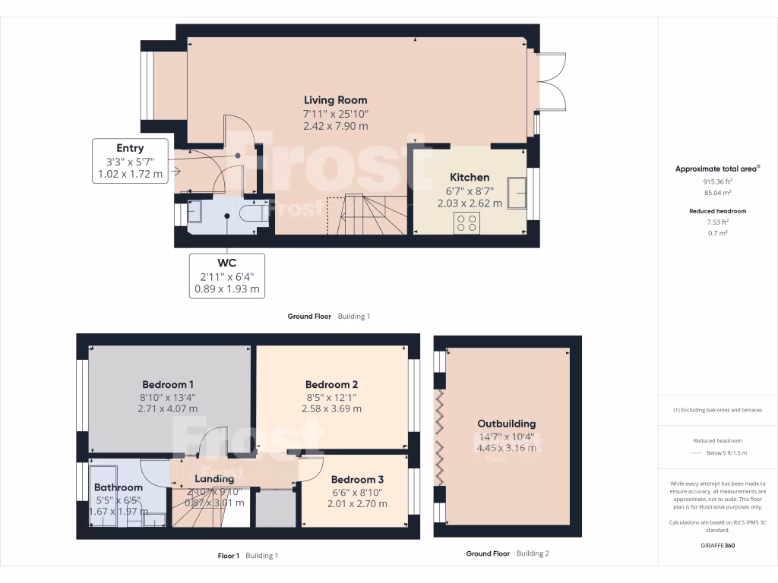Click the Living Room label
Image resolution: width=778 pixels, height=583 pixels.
335,100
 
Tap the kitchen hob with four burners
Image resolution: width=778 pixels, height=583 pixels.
466,222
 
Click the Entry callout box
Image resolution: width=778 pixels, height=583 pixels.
130,161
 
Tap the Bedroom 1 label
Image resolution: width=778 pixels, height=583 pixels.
167,383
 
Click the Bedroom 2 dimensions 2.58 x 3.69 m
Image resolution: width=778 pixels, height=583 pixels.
331,408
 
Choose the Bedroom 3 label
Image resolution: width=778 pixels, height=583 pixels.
357,479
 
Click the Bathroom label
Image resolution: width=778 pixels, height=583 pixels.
118,487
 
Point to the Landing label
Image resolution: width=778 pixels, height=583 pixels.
214,479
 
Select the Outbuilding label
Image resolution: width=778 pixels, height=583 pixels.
506,424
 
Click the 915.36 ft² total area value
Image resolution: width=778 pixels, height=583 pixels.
717,181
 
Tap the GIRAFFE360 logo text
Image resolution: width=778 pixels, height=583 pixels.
717,545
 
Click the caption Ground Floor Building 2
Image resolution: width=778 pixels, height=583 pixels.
507,553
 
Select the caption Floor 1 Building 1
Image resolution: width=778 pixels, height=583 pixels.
248,556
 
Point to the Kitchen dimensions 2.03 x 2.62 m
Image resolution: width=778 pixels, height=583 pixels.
470,203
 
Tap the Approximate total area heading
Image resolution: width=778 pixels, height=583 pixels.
717,169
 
